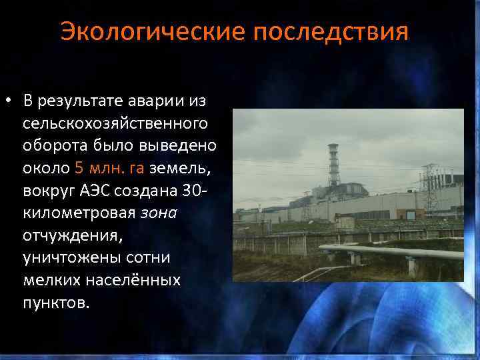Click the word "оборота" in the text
point(55,145)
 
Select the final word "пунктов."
point(54,303)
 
